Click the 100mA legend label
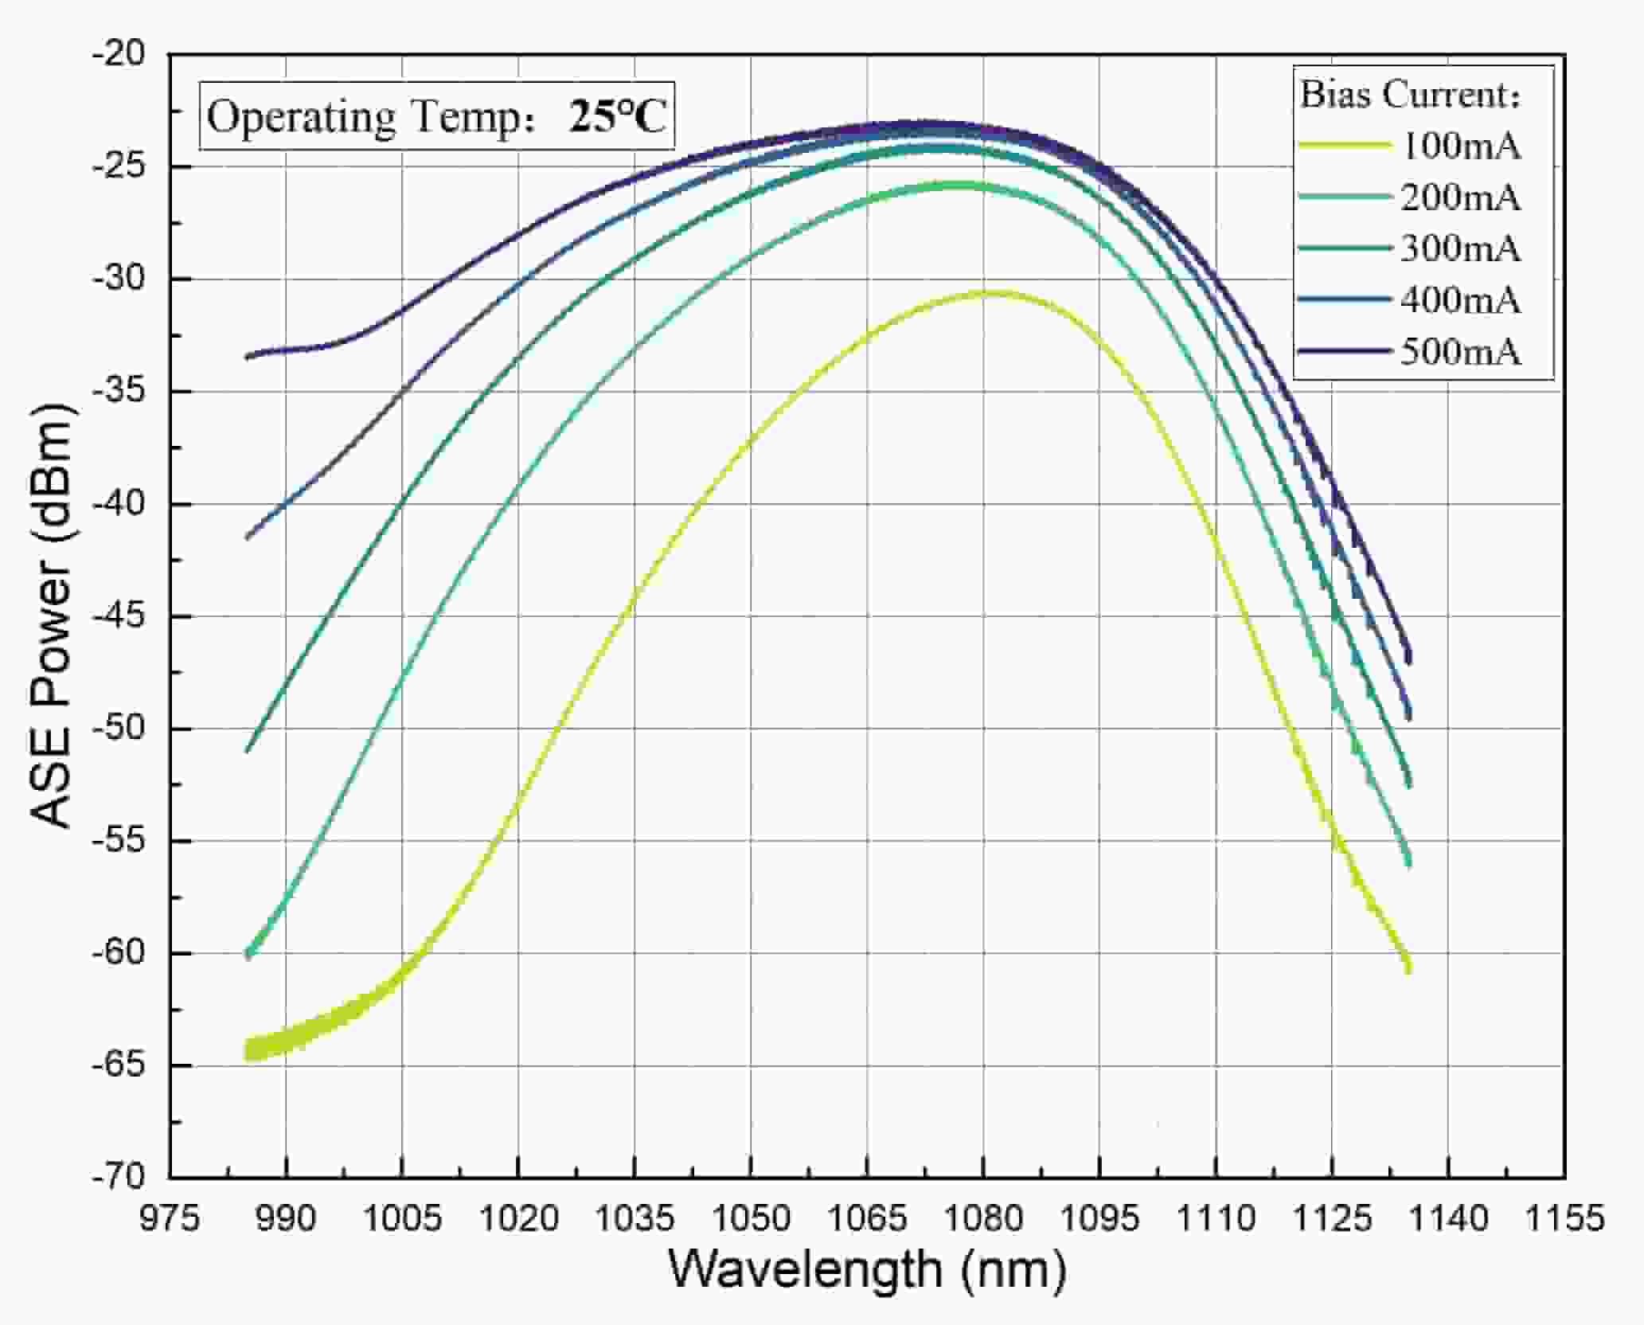pos(1460,147)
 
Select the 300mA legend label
pos(1460,249)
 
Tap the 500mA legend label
pos(1460,352)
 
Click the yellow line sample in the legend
pos(1345,146)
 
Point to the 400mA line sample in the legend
pos(1345,299)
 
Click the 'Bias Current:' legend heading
pos(1410,96)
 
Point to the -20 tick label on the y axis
pos(119,54)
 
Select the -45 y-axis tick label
pos(119,616)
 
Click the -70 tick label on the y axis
pos(119,1177)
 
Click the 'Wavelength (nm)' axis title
pos(867,1269)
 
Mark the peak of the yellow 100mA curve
pos(987,293)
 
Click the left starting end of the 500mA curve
pos(248,357)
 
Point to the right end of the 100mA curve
pos(1409,969)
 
